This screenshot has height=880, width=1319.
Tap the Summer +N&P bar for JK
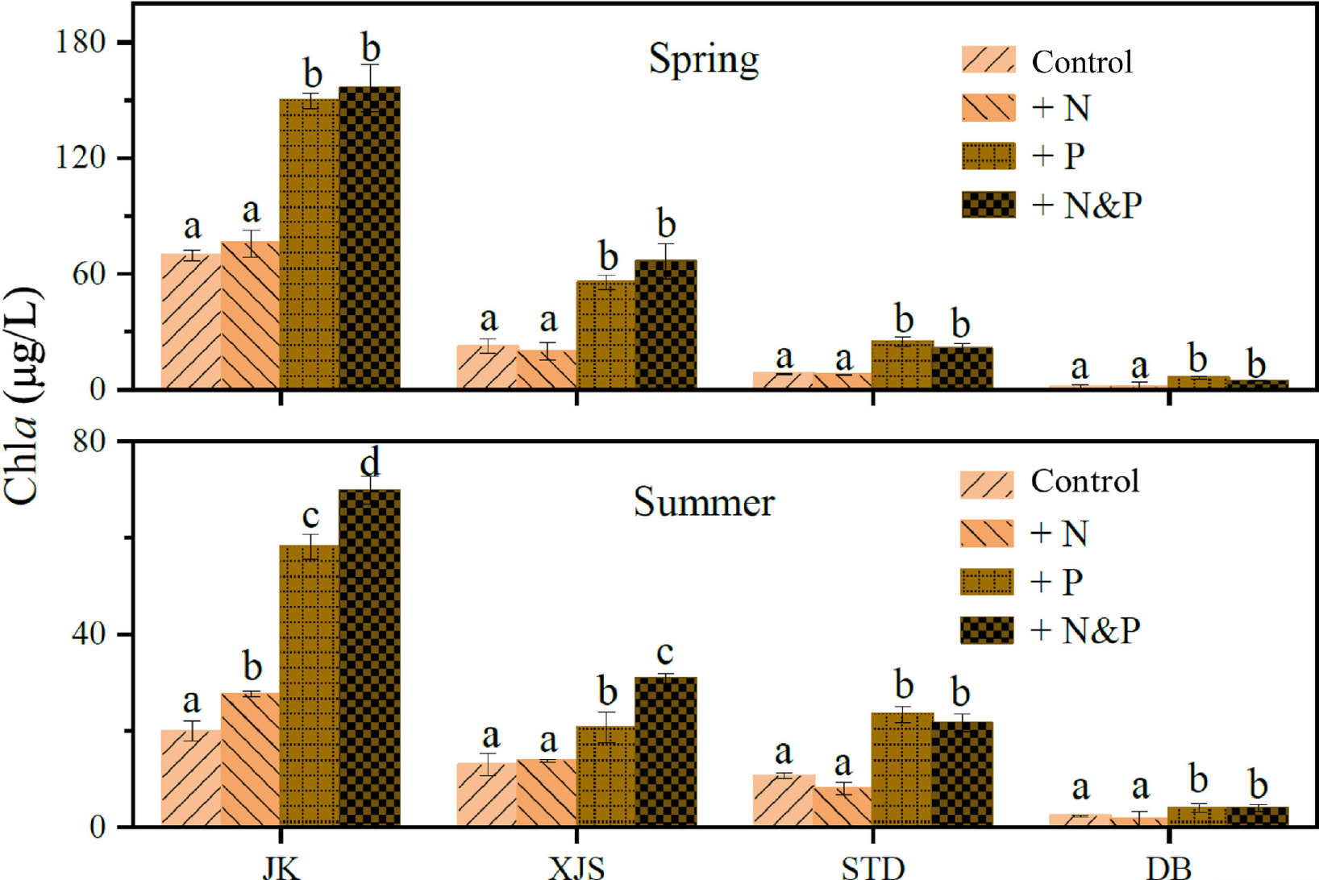369,658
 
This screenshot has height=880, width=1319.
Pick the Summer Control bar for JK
191,778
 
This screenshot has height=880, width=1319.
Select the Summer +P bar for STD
902,770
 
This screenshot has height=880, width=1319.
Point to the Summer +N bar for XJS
547,793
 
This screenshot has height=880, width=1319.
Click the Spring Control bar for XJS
487,367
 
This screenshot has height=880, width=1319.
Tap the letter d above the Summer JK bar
369,463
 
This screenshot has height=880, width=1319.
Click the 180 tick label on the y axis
81,42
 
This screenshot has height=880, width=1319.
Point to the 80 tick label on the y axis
89,442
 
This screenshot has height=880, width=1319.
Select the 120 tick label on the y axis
81,158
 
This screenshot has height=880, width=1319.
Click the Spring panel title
704,59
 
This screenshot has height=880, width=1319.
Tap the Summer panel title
704,502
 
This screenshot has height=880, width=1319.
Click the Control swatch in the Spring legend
988,60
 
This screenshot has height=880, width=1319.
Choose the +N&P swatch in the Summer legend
987,630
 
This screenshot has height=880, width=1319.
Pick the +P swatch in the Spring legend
988,156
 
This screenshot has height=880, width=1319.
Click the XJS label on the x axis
576,868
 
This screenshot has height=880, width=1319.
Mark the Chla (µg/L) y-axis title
23,395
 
